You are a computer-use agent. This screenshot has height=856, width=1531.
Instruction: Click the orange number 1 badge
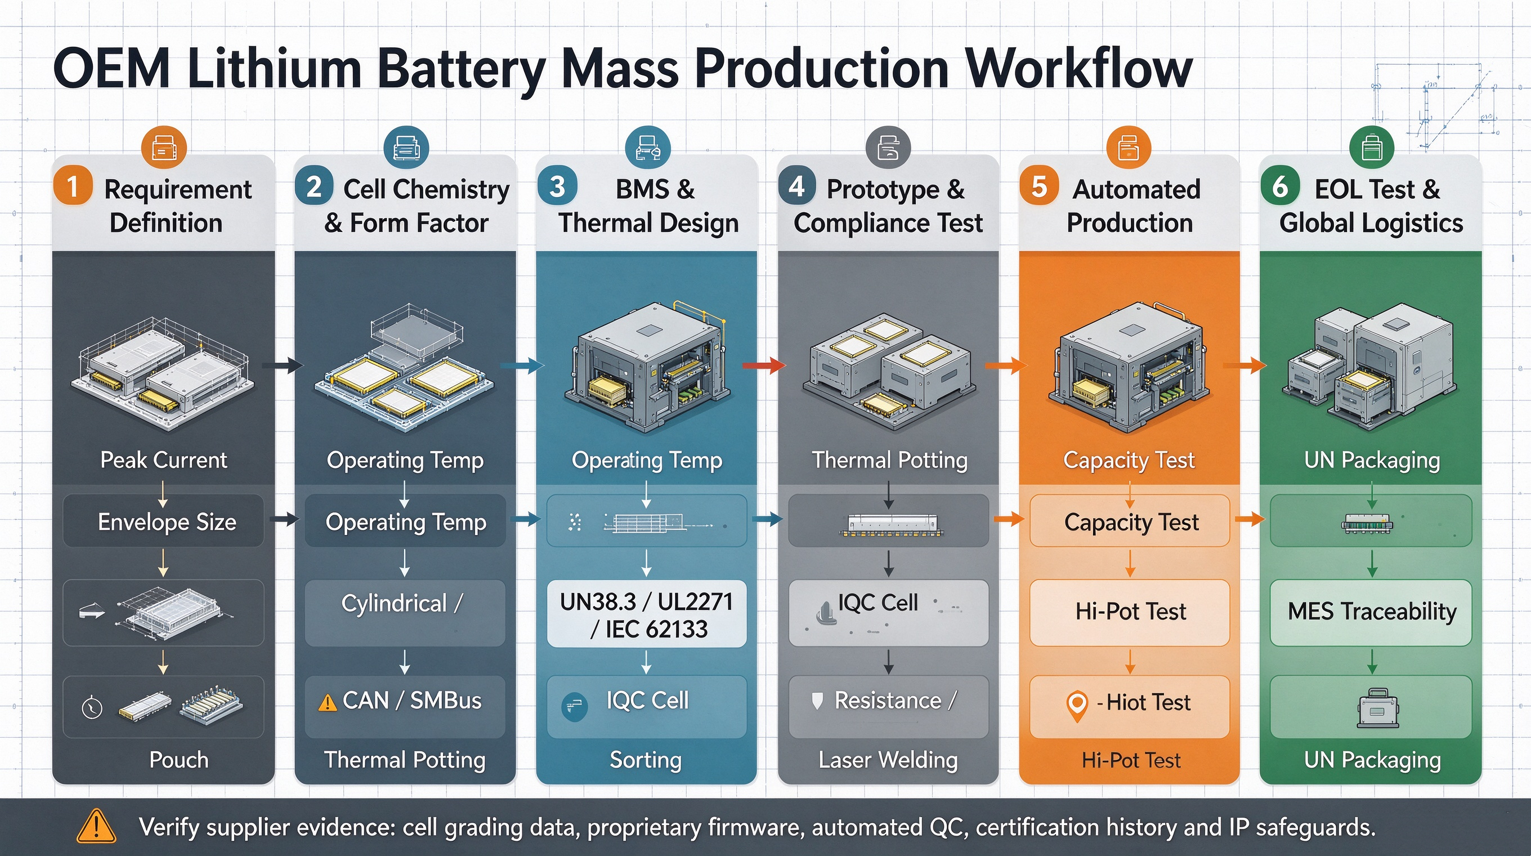73,186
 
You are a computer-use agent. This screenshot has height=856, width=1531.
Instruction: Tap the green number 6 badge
1280,186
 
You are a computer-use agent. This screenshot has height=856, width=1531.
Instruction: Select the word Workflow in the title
1078,68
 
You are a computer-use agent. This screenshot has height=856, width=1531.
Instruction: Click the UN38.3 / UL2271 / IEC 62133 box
646,614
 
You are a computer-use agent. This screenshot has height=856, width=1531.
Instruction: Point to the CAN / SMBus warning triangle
327,703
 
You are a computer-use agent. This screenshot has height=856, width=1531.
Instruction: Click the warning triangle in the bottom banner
96,826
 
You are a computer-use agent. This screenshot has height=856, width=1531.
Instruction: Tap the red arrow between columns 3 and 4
764,365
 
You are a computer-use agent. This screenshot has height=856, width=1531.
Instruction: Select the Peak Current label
163,460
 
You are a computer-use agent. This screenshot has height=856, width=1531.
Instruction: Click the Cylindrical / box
405,613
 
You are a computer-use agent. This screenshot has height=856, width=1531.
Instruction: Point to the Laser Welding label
888,760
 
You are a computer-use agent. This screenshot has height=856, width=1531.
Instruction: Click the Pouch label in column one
179,760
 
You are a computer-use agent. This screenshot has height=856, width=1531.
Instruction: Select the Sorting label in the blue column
646,760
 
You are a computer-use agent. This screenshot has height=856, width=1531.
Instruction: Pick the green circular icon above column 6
1371,148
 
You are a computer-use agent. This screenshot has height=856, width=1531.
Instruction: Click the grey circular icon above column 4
888,148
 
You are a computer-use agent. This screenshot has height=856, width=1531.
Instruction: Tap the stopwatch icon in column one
92,707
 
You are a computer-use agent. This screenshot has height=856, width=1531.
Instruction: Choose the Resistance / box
889,707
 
